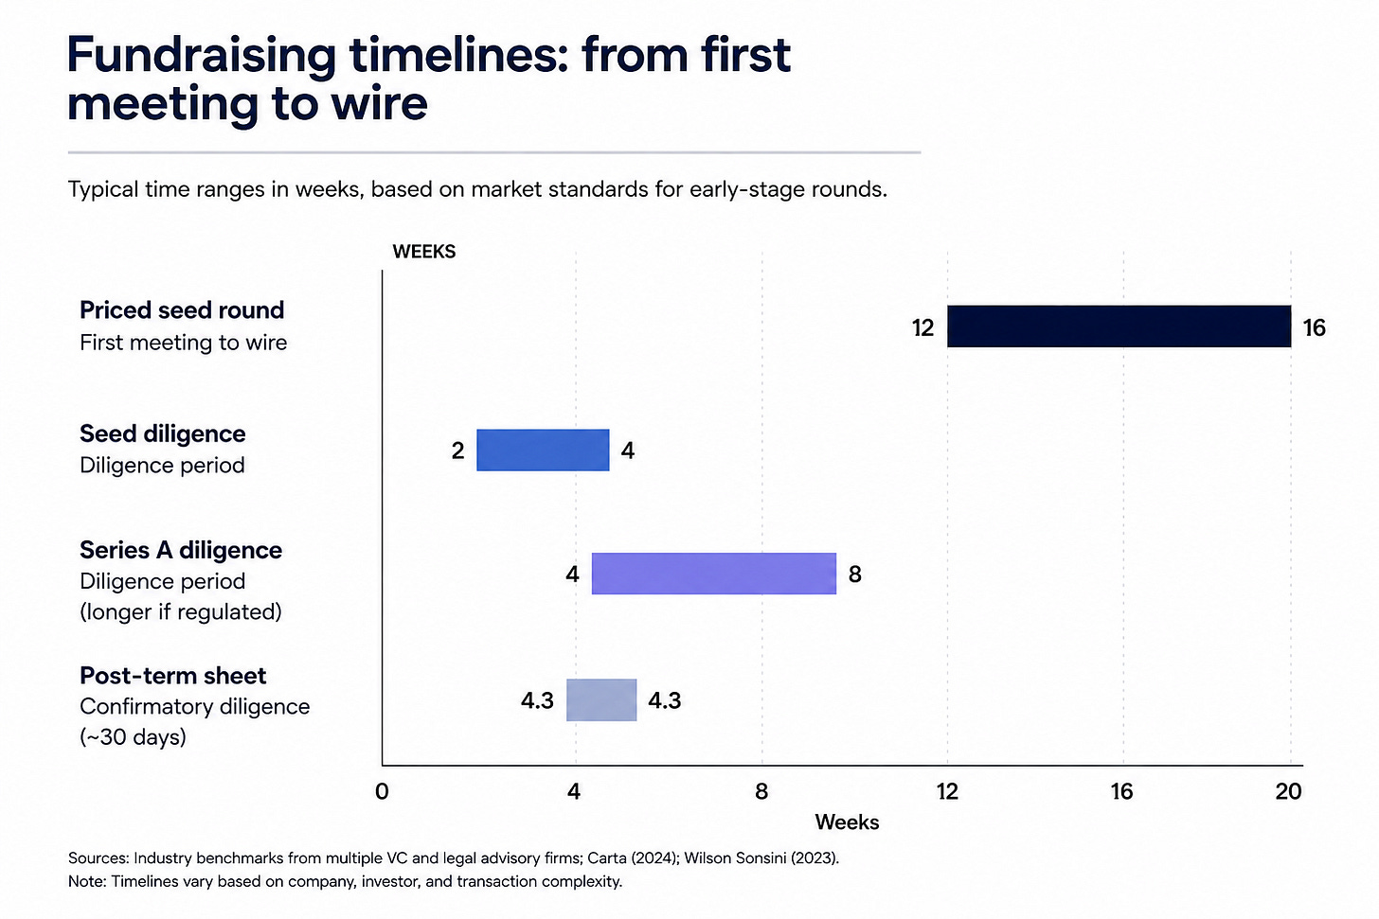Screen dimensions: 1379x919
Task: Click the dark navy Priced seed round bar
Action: [1119, 326]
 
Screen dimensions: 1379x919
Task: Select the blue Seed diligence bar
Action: [543, 451]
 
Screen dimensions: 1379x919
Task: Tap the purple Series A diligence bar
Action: [714, 574]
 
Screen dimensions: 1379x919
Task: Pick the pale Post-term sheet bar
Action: [601, 700]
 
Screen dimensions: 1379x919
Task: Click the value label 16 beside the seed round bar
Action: [1314, 327]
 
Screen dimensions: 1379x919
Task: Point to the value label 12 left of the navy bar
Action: [922, 327]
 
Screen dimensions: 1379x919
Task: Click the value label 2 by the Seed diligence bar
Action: [457, 451]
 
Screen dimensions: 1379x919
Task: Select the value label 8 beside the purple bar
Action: [854, 574]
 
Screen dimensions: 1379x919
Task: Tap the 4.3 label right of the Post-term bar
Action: [664, 700]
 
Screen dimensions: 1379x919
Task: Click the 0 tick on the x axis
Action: [382, 791]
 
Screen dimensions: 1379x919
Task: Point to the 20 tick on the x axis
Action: [1288, 791]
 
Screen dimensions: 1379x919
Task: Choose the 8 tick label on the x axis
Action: [761, 791]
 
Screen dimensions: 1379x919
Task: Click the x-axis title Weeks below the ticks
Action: [847, 822]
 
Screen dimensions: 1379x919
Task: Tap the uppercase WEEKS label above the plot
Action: [424, 252]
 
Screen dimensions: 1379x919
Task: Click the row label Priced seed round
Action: [182, 310]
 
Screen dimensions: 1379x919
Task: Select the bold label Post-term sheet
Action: [173, 676]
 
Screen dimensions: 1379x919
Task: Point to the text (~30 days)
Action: [133, 737]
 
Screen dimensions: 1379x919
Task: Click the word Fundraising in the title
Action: [202, 55]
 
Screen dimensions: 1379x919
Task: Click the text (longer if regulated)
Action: [181, 612]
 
